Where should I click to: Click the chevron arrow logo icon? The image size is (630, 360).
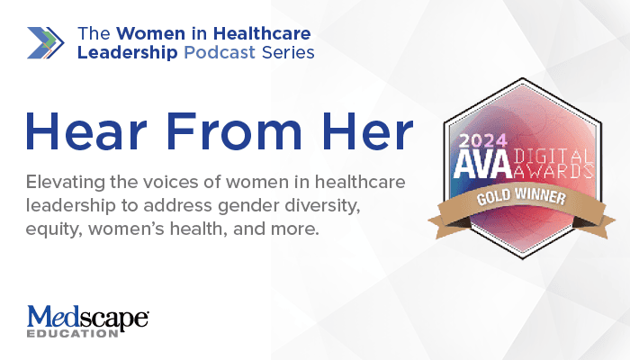point(45,43)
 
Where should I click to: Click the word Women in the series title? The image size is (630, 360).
point(150,33)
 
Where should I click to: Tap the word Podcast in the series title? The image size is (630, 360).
point(220,52)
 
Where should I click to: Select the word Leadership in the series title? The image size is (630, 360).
point(128,52)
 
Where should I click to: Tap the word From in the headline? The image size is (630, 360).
point(234,131)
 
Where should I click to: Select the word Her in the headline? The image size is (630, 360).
point(367,131)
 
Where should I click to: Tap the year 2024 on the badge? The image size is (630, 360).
point(483,141)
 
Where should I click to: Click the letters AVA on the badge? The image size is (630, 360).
point(483,165)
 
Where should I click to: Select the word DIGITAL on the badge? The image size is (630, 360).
point(553,157)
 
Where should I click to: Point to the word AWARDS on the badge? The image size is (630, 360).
point(553,172)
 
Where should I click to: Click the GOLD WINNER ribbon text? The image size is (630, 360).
point(521,197)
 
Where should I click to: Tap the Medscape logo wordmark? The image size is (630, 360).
point(88,317)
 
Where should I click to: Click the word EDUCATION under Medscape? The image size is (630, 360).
point(72,334)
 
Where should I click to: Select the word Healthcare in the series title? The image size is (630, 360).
point(262,33)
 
